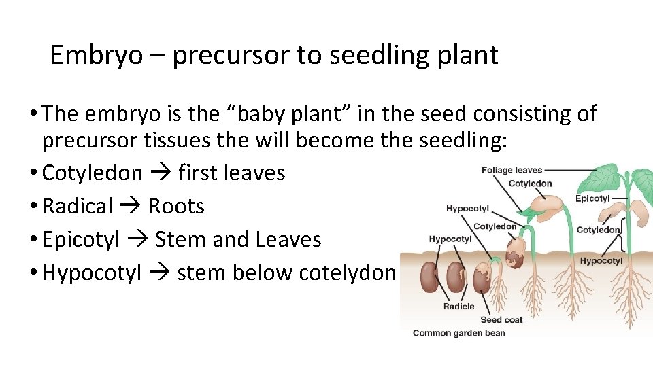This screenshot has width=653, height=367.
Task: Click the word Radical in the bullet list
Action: (x=77, y=206)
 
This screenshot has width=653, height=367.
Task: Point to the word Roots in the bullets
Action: (x=176, y=206)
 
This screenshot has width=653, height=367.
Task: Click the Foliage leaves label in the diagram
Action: (x=512, y=170)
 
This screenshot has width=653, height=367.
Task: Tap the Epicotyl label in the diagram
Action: (x=592, y=198)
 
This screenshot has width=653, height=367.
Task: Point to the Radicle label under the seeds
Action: (x=458, y=307)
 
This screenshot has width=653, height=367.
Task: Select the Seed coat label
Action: (x=501, y=319)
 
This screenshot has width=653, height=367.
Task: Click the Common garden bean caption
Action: (x=459, y=333)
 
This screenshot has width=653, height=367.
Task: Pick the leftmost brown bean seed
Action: (x=430, y=277)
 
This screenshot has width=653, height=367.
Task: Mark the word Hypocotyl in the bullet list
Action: (x=92, y=273)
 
